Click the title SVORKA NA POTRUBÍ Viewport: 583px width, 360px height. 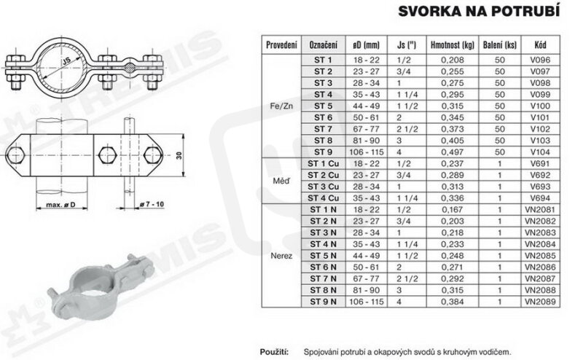pyautogui.click(x=479, y=11)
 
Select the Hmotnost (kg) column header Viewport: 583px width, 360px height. pyautogui.click(x=453, y=45)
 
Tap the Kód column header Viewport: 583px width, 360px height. pyautogui.click(x=540, y=45)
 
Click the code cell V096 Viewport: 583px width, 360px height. pyautogui.click(x=540, y=60)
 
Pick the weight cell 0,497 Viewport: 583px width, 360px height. pyautogui.click(x=453, y=152)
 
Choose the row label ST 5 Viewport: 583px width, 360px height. pyautogui.click(x=323, y=106)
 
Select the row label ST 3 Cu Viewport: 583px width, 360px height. pyautogui.click(x=323, y=187)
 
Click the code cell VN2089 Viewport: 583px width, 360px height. pyautogui.click(x=540, y=302)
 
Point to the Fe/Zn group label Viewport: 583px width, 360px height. pyautogui.click(x=281, y=106)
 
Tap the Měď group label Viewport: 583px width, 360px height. pyautogui.click(x=281, y=181)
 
